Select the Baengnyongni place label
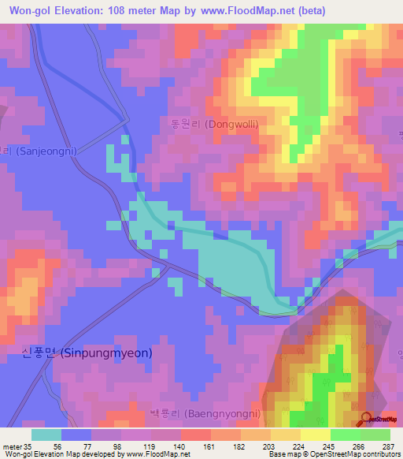point(206,413)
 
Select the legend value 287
point(388,446)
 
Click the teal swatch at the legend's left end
point(46,434)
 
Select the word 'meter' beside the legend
point(10,446)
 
